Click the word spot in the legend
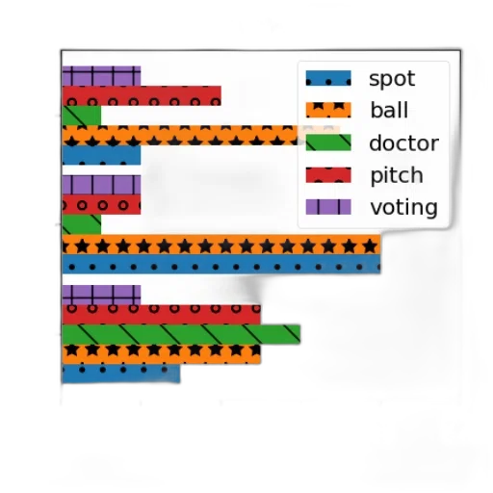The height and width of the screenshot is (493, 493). point(392,79)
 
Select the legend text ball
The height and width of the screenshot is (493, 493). point(389,110)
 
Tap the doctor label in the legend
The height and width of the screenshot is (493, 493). point(403,143)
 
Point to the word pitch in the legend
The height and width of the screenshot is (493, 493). point(397,175)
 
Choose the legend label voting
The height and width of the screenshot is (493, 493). point(403,207)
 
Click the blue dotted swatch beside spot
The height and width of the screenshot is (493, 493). point(328,78)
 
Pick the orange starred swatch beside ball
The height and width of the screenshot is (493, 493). point(328,110)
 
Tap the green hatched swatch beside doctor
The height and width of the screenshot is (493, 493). point(328,143)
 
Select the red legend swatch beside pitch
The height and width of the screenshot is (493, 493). point(328,175)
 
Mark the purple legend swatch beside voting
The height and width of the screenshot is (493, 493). point(328,207)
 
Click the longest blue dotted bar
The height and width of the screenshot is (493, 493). point(221,264)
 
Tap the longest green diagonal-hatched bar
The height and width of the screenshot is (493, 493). point(181,334)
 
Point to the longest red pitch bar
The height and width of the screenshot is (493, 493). point(161,315)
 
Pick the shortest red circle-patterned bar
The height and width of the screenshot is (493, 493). point(101,204)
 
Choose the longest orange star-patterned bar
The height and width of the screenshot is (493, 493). point(221,245)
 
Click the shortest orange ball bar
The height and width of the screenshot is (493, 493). point(161,354)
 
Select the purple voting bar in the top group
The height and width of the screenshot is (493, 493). point(101,76)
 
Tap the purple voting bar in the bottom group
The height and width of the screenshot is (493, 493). point(101,295)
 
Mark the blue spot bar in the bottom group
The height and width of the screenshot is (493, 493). point(120,374)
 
